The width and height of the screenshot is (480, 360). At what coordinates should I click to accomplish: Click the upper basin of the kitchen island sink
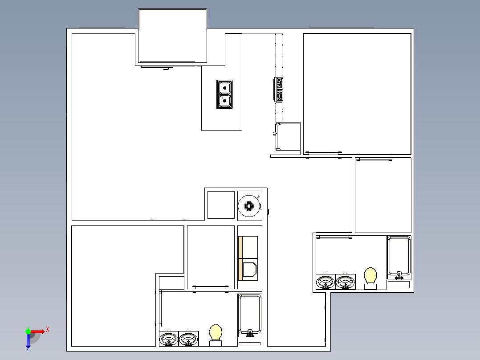point(225,88)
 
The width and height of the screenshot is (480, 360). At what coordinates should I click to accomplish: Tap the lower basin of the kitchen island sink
point(225,101)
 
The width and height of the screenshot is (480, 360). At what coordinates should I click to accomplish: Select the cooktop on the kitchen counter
point(279,89)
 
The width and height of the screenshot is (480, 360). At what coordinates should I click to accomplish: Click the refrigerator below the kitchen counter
point(288,137)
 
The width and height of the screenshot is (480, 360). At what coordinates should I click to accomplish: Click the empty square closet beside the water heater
point(221,205)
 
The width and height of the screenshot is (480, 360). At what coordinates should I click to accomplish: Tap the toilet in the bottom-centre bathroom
point(216,335)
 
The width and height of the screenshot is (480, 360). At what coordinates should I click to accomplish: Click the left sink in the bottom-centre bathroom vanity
point(169,339)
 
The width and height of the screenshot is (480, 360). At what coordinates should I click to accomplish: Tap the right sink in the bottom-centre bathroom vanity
point(188,339)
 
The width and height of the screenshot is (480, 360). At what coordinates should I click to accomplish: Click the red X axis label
point(48,330)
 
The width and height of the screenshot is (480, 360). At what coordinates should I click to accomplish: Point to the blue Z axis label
point(28,349)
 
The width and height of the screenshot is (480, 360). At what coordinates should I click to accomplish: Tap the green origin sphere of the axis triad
point(28,331)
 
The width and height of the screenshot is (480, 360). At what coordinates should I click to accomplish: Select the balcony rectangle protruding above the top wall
point(173,36)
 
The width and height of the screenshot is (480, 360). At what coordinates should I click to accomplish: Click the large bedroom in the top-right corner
point(357,94)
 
